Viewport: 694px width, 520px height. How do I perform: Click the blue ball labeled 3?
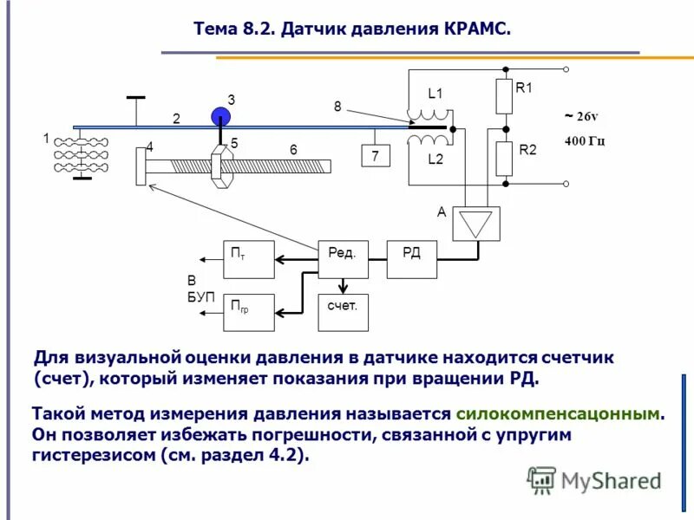(x=222, y=116)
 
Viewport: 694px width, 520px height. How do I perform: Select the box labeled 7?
(x=376, y=156)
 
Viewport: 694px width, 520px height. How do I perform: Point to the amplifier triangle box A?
(x=475, y=224)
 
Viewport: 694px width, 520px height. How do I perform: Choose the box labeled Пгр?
(x=249, y=312)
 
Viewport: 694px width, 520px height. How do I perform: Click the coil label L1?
(x=435, y=94)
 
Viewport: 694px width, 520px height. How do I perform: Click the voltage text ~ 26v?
(x=581, y=116)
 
